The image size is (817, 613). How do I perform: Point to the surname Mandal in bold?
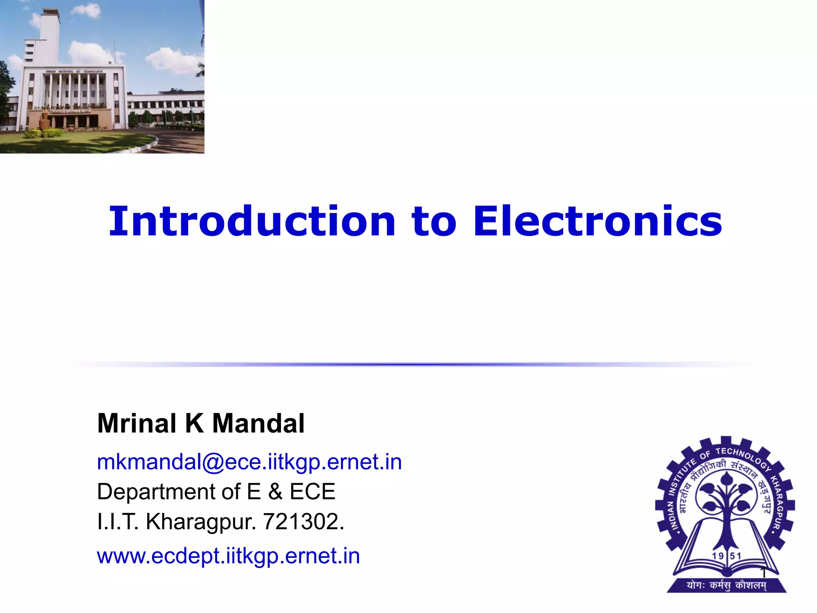pyautogui.click(x=259, y=423)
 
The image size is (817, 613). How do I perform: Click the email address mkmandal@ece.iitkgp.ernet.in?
pyautogui.click(x=249, y=463)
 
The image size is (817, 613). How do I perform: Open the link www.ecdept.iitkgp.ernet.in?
pyautogui.click(x=228, y=556)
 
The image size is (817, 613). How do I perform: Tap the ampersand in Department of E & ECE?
pyautogui.click(x=275, y=492)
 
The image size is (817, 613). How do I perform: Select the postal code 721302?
pyautogui.click(x=303, y=522)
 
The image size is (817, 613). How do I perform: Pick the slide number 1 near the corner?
pyautogui.click(x=763, y=573)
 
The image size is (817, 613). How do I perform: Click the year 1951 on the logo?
pyautogui.click(x=726, y=556)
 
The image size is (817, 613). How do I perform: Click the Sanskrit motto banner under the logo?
pyautogui.click(x=726, y=585)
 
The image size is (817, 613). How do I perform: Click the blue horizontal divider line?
pyautogui.click(x=408, y=364)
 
